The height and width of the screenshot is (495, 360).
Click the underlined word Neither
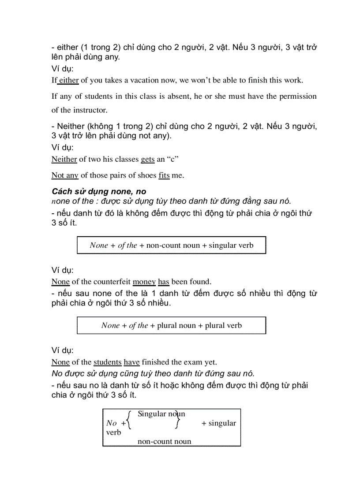pyautogui.click(x=64, y=159)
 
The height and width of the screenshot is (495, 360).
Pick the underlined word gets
pyautogui.click(x=148, y=159)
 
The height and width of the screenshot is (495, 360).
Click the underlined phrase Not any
pyautogui.click(x=65, y=175)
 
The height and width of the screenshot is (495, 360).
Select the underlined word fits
pyautogui.click(x=164, y=175)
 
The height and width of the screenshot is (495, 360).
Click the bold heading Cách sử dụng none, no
pyautogui.click(x=99, y=191)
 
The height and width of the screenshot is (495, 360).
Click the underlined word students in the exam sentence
pyautogui.click(x=107, y=362)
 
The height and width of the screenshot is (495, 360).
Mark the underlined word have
pyautogui.click(x=131, y=362)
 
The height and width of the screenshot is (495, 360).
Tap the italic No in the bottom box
pyautogui.click(x=112, y=423)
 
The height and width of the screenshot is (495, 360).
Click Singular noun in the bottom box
pyautogui.click(x=161, y=414)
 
